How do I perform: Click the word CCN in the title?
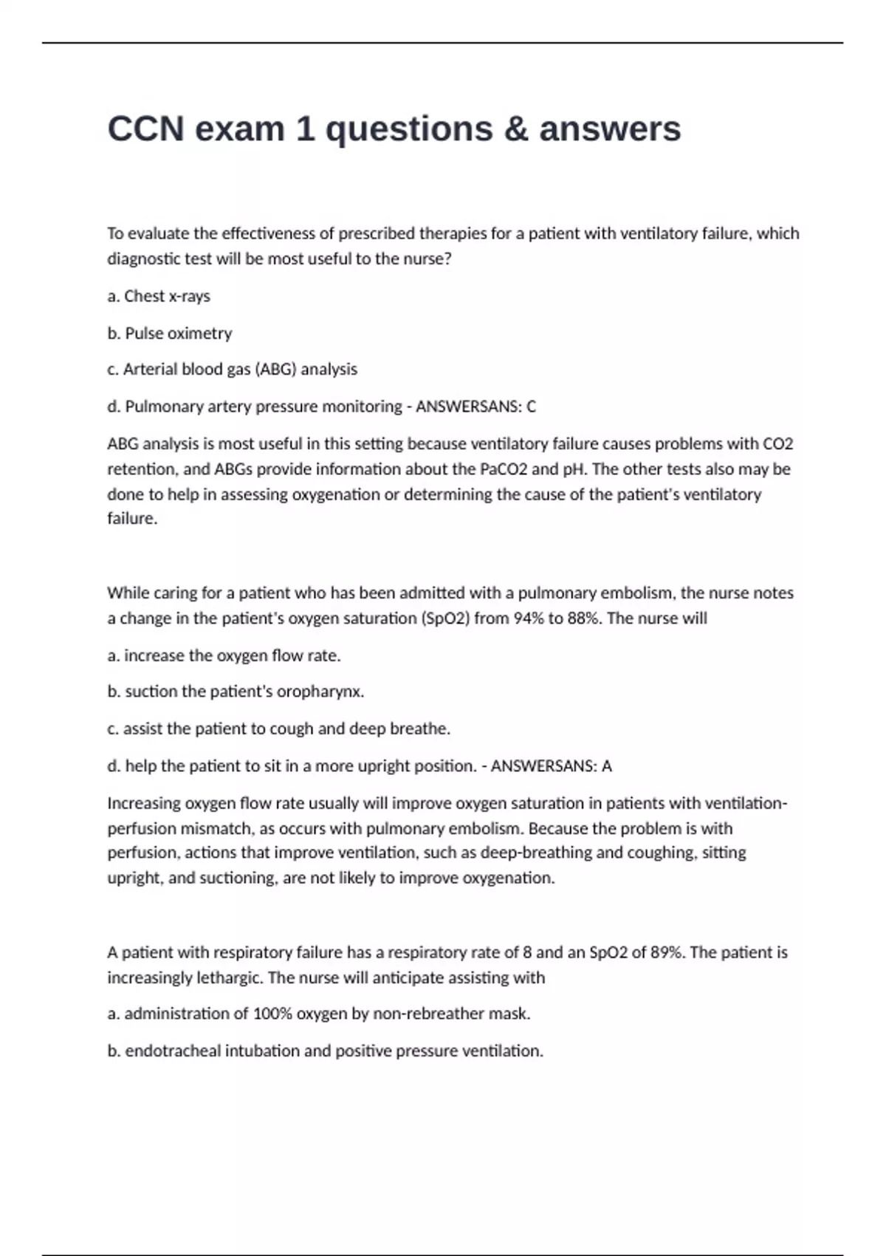(x=145, y=129)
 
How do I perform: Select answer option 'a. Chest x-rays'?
(x=159, y=296)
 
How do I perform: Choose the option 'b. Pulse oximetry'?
(x=170, y=333)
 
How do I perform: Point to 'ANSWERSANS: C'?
(x=476, y=406)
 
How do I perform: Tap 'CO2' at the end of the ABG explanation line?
(x=777, y=444)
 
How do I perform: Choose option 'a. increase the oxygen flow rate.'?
(x=224, y=655)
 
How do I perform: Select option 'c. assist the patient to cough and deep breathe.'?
(x=278, y=729)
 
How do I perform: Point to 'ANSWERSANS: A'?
(x=551, y=766)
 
